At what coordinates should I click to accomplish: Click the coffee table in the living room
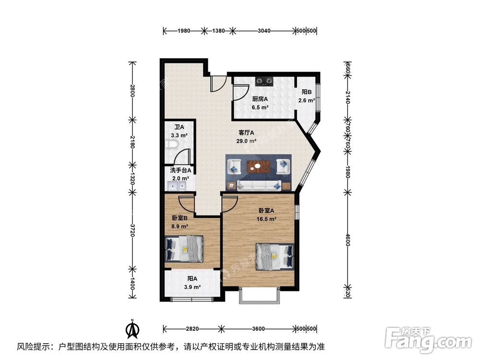click(x=258, y=167)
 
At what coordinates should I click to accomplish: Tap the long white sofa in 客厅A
click(x=258, y=185)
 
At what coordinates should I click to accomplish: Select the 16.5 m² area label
click(x=267, y=219)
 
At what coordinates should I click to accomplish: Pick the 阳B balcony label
click(x=307, y=92)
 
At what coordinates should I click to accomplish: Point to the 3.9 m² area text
click(x=192, y=287)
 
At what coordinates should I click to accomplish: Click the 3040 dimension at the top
click(x=264, y=31)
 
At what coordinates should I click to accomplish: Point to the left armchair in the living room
click(x=234, y=166)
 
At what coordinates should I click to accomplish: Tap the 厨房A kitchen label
click(x=260, y=99)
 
